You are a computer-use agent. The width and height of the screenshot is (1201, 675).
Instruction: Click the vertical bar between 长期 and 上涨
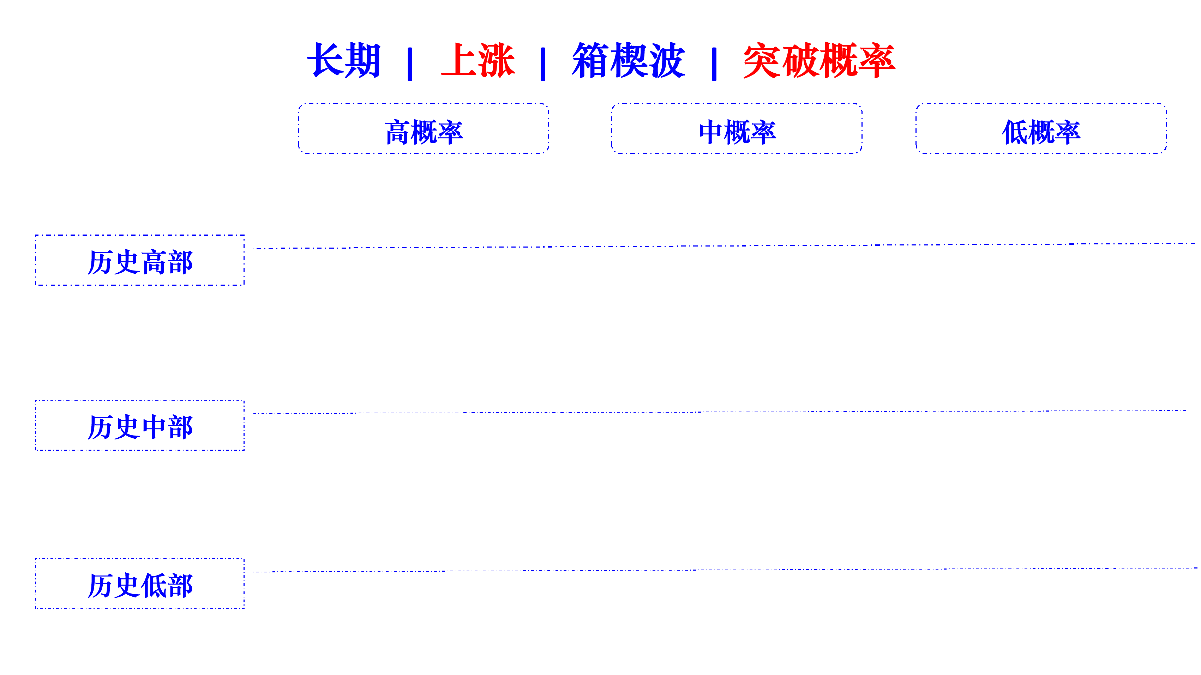[410, 64]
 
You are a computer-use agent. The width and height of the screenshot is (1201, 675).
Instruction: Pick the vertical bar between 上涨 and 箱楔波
[543, 64]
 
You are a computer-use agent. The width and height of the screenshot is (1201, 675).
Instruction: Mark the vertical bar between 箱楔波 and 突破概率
[714, 64]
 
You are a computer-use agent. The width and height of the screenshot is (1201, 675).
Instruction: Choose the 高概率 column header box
[424, 128]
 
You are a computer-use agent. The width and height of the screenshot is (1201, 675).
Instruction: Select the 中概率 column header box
[737, 128]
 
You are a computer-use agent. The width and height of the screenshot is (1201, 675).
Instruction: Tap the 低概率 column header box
[1041, 128]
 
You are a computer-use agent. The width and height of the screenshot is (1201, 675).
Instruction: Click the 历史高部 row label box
[140, 260]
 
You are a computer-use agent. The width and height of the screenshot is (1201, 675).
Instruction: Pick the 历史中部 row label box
[140, 425]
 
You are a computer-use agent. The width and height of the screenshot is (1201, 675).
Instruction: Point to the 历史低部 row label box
[140, 583]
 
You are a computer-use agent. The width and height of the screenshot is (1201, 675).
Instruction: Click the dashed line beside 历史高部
[725, 245]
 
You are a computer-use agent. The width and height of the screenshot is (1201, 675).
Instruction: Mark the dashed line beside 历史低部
[725, 570]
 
